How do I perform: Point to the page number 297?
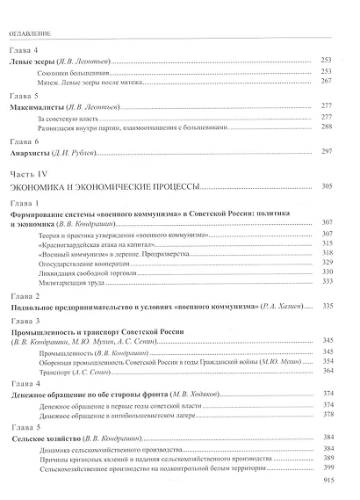[330, 152]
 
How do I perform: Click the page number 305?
[330, 186]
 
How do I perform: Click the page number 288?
[330, 127]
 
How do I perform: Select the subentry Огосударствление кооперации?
[88, 262]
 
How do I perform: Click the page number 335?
[330, 305]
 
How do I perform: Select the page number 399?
[330, 467]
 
